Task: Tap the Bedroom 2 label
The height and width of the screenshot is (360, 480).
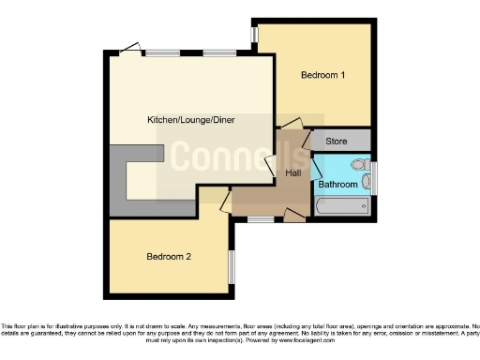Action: (x=170, y=256)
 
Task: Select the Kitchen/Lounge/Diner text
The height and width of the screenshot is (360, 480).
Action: (x=187, y=120)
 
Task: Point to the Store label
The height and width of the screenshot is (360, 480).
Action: (x=336, y=142)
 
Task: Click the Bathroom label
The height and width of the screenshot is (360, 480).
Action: (x=337, y=185)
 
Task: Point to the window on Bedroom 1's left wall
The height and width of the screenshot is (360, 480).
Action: (x=254, y=35)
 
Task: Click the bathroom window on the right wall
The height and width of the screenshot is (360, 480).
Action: (x=373, y=177)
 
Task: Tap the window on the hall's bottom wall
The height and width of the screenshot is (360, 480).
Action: (x=260, y=219)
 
